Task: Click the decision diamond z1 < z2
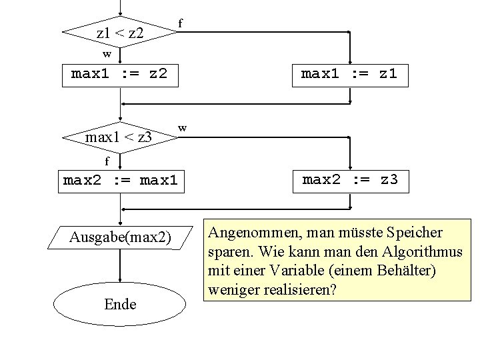[x=120, y=31]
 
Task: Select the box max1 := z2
[x=120, y=74]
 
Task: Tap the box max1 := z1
[x=349, y=74]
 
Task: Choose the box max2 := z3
[x=349, y=179]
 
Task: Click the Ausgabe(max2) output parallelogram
[x=120, y=237]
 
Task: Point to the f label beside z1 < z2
[x=180, y=23]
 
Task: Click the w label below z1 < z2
[x=107, y=53]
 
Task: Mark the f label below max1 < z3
[x=107, y=161]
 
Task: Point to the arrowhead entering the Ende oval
[x=120, y=282]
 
